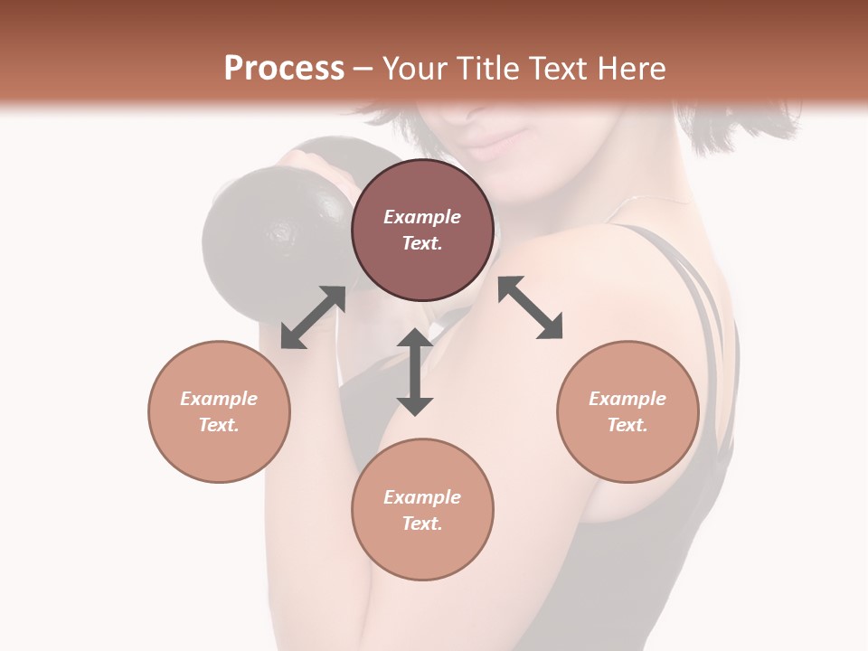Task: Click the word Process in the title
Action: click(284, 69)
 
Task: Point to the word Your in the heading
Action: click(415, 69)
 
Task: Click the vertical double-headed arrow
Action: click(415, 372)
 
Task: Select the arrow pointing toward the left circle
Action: click(313, 317)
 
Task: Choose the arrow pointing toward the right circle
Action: click(531, 307)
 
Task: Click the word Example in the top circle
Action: click(422, 217)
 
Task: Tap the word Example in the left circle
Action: click(219, 399)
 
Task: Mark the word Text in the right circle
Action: click(627, 425)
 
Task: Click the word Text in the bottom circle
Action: click(422, 524)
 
